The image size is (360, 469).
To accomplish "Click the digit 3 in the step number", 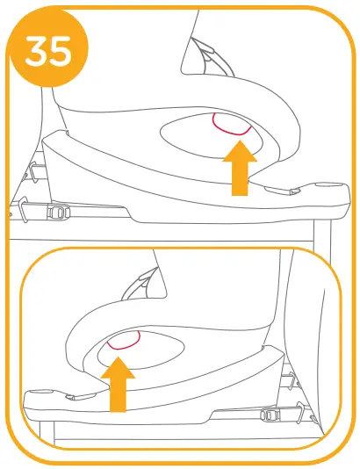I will [x=37, y=52].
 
